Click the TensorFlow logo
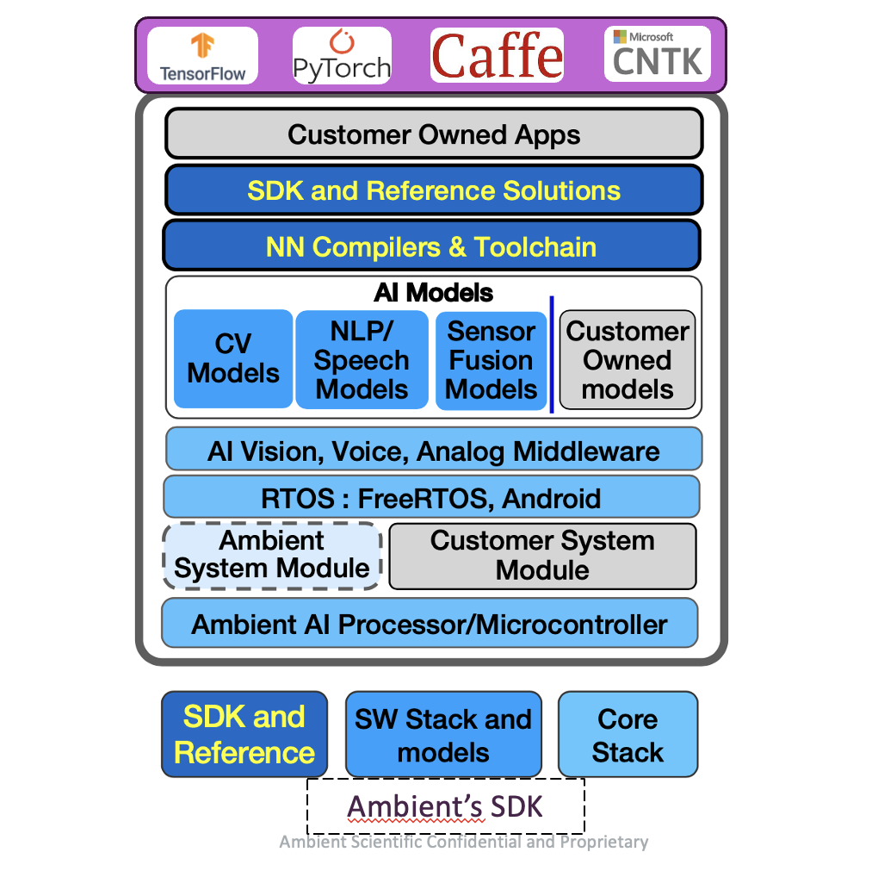coord(202,56)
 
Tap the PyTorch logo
coord(342,56)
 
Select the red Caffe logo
coord(498,55)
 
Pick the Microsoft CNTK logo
coord(657,54)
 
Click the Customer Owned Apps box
coord(434,134)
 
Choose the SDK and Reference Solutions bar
coord(434,190)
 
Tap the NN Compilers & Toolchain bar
coord(431,247)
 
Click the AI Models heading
coord(434,293)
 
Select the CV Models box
coord(233,359)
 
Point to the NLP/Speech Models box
coord(362,360)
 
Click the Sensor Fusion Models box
coord(492,360)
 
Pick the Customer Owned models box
coord(628,360)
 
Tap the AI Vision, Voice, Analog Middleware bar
coord(434,451)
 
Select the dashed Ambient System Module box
coord(272,556)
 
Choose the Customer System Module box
coord(542,556)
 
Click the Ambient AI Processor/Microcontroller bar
coord(430,625)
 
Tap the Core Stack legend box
coord(628,735)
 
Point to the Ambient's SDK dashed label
coord(446,807)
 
